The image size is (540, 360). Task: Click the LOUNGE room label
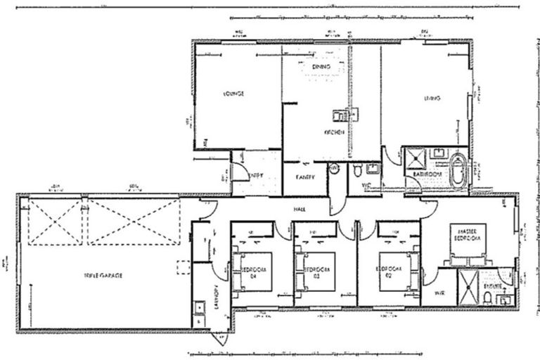(x=233, y=94)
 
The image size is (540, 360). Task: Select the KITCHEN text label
(x=333, y=132)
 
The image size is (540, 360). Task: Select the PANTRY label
(x=304, y=177)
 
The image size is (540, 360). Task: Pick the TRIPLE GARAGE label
(x=103, y=276)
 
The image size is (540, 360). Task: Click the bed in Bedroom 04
(x=252, y=271)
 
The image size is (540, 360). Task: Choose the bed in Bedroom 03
(x=314, y=271)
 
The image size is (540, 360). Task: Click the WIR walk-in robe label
(x=439, y=292)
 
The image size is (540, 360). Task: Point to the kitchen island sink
(x=338, y=113)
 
